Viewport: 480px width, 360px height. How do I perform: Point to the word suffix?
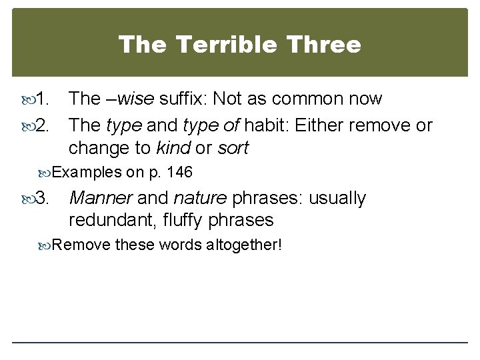coord(181,99)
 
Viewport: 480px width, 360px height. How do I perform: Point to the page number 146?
coord(180,173)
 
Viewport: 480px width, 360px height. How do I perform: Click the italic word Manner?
coord(100,199)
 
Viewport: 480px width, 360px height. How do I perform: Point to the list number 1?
coord(42,99)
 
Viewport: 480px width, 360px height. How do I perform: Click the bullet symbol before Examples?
coord(46,173)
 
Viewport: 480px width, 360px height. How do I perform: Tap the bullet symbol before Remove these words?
coord(46,245)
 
